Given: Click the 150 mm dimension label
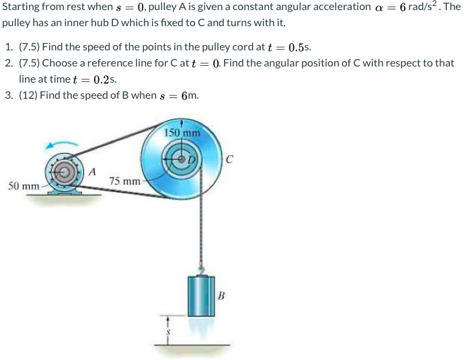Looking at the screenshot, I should (x=182, y=133).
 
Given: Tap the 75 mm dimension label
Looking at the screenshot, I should (x=125, y=181).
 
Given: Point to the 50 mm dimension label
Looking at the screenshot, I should (x=24, y=185).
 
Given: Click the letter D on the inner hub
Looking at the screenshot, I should (x=192, y=159).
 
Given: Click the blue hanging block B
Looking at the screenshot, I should (x=200, y=296).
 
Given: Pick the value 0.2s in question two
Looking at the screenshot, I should (x=104, y=79).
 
